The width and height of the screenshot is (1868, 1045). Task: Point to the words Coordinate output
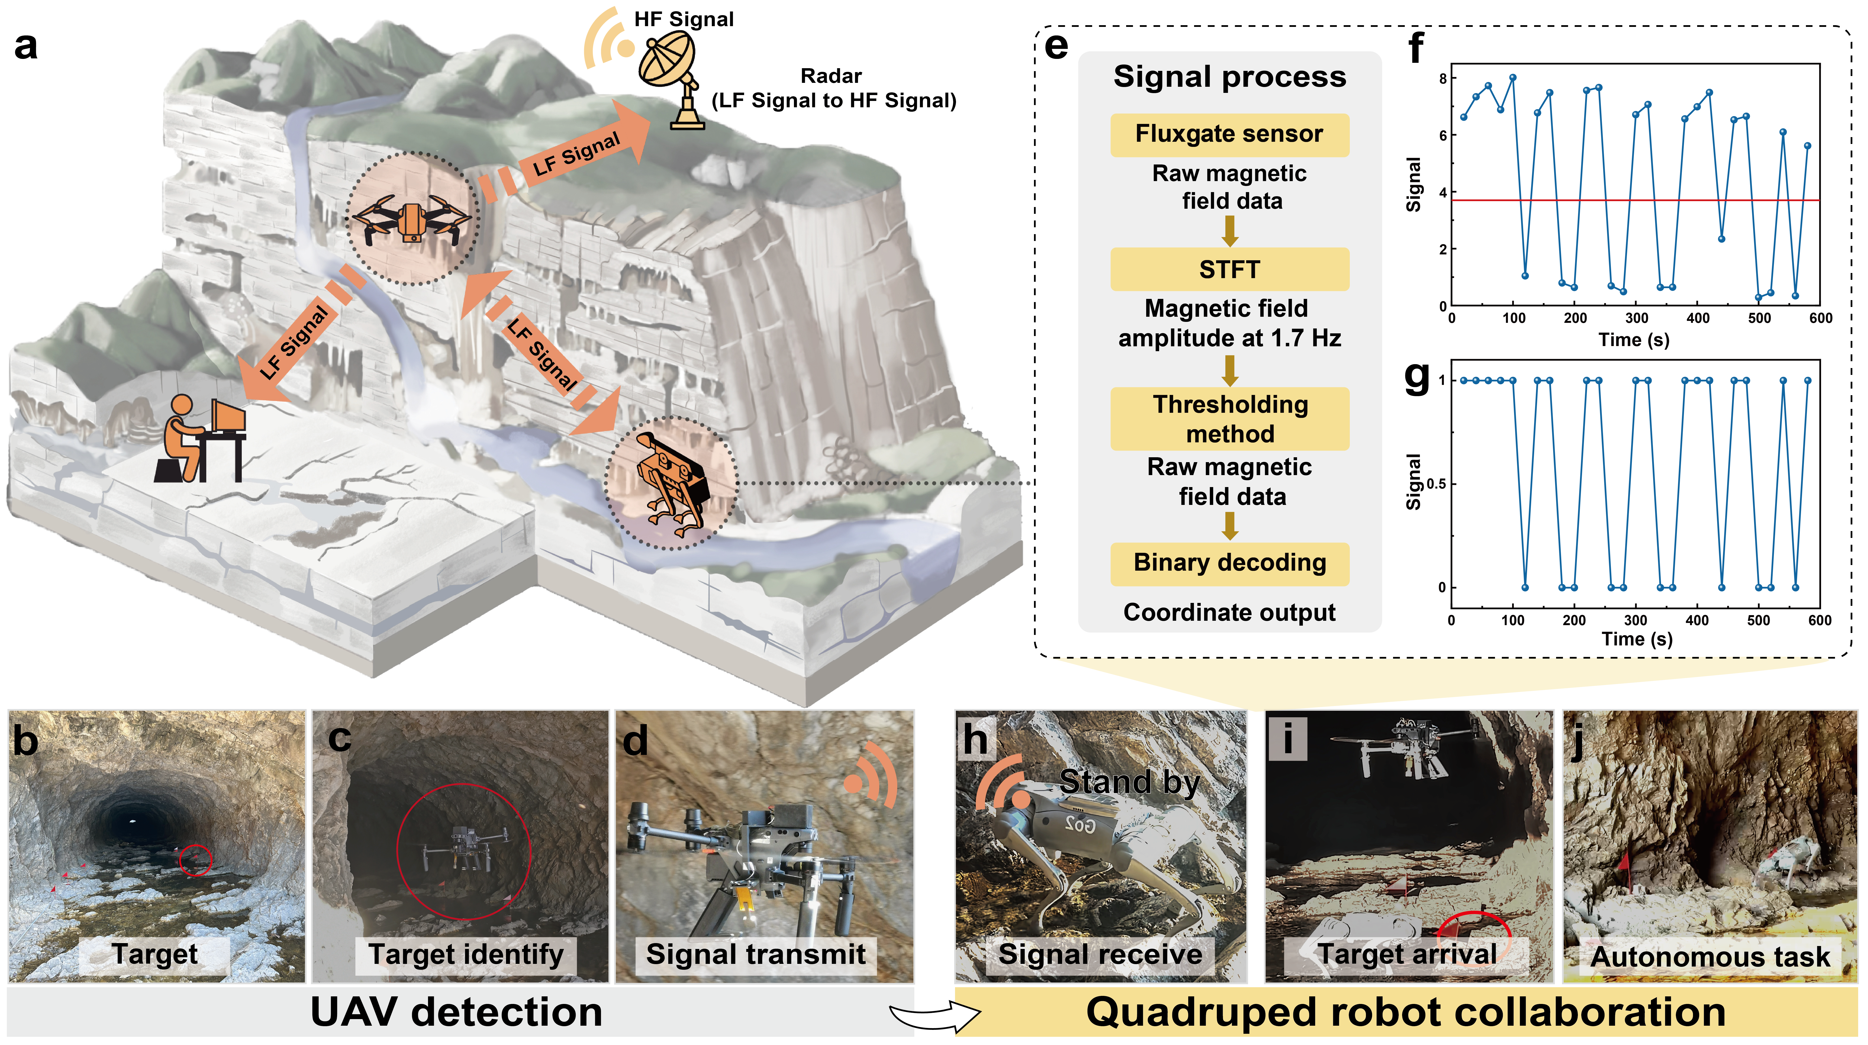coord(1229,613)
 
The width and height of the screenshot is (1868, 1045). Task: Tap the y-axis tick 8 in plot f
coord(1442,78)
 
